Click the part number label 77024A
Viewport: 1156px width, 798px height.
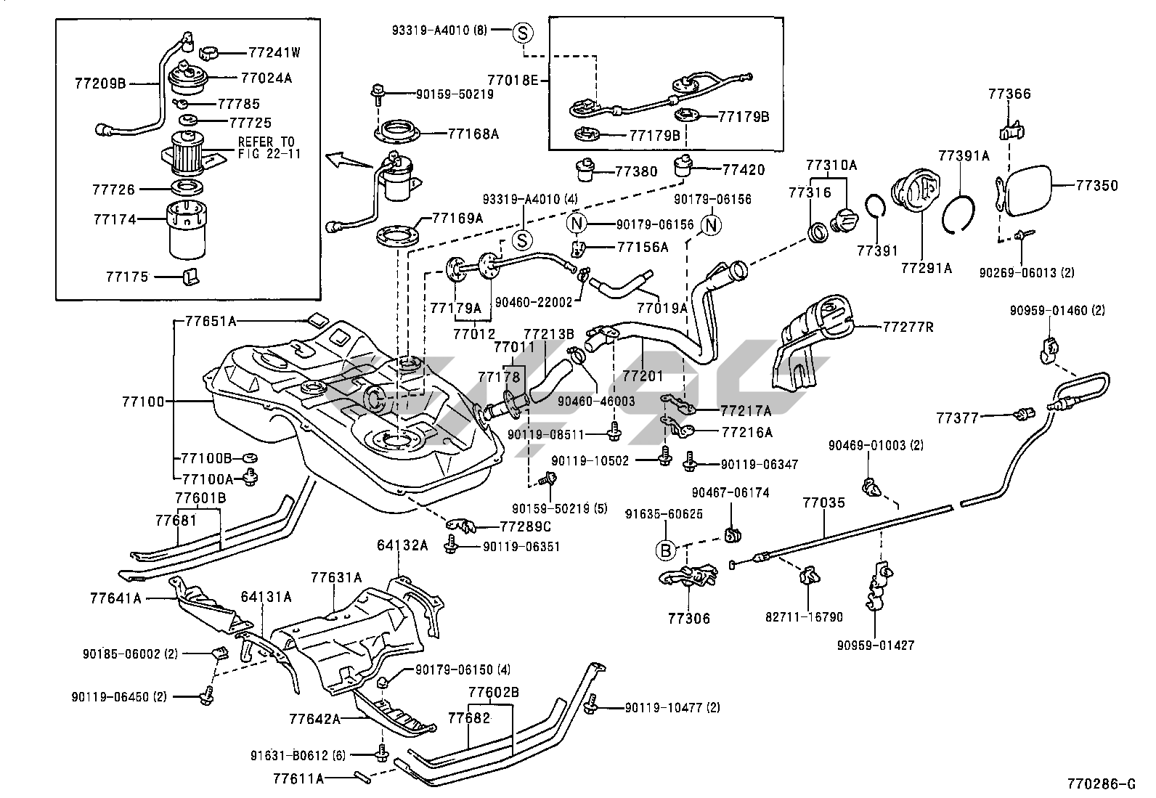(x=266, y=78)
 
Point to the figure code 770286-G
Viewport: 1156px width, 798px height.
(x=1100, y=783)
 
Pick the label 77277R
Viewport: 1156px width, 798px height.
(x=908, y=327)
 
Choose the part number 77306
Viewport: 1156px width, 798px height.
(x=689, y=619)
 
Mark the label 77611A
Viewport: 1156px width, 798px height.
(x=298, y=779)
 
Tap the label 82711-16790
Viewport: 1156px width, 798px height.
(x=804, y=617)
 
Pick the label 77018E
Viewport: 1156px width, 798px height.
(x=512, y=80)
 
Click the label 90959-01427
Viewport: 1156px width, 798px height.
(x=876, y=645)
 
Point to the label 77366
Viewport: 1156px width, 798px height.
(x=1009, y=94)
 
